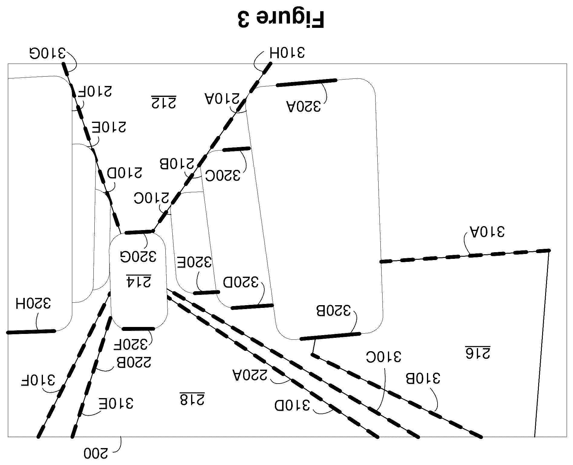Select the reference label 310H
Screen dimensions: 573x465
[286, 52]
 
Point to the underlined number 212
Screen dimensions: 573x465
[164, 102]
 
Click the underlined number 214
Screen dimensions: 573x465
[138, 281]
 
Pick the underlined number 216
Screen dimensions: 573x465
[477, 352]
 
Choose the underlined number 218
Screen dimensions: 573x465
[192, 399]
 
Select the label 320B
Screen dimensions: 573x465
[333, 311]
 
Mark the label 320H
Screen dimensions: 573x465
[33, 303]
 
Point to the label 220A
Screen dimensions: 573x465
[249, 375]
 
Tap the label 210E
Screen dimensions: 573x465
[109, 127]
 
